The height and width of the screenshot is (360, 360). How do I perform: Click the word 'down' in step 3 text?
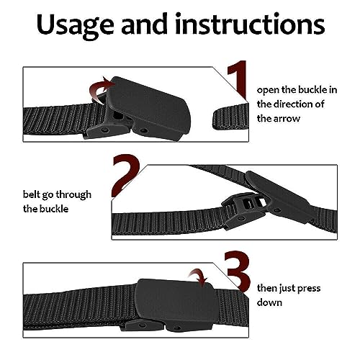click(271, 303)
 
